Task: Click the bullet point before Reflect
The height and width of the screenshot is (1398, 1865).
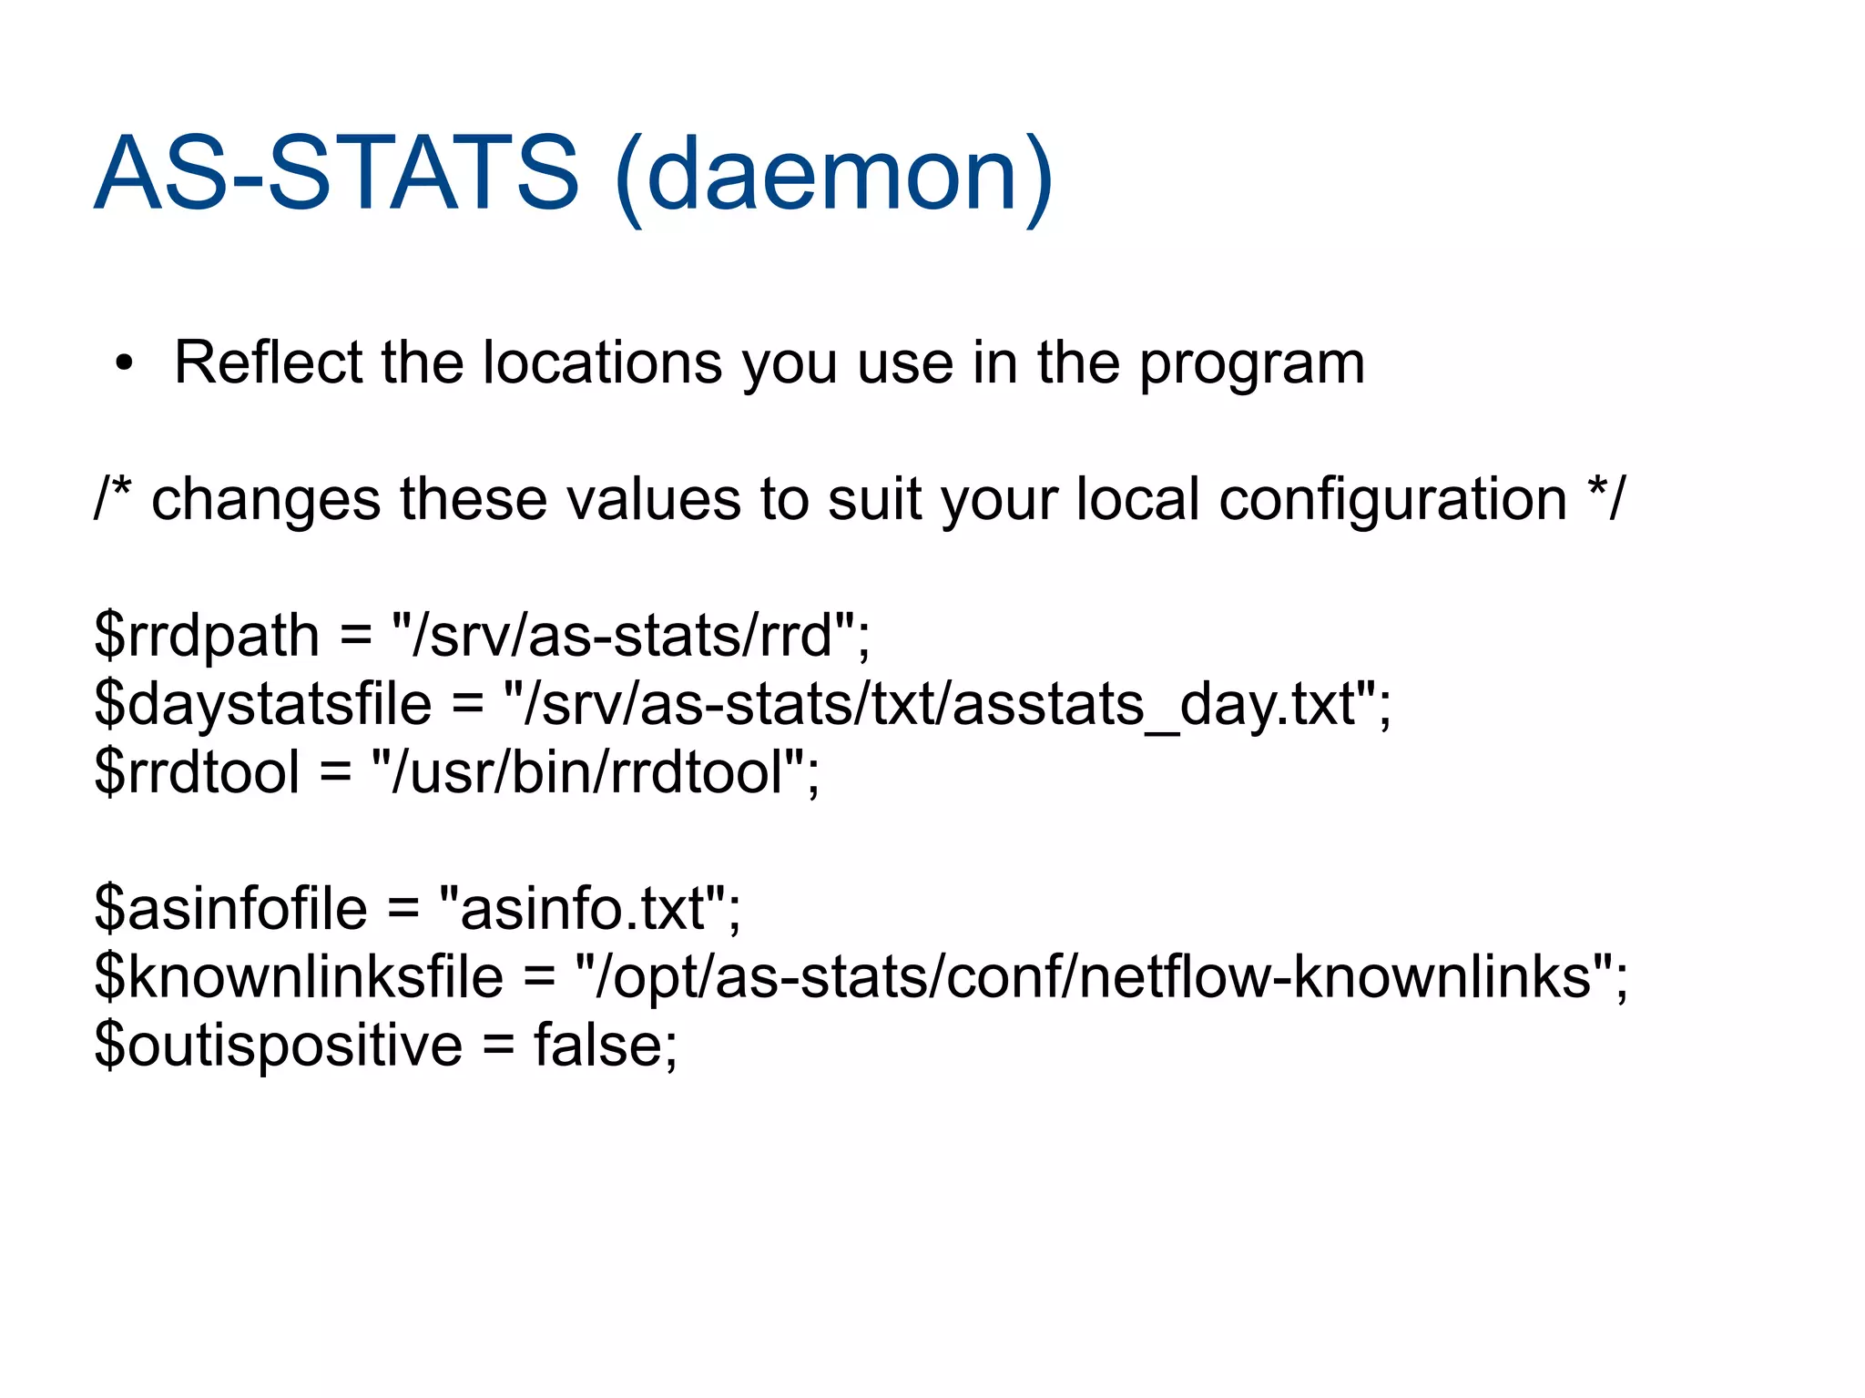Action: click(125, 364)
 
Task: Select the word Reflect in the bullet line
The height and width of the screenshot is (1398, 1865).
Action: click(268, 362)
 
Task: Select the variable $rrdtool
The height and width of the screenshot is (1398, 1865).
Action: click(197, 771)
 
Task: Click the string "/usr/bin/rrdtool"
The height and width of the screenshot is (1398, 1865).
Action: click(588, 771)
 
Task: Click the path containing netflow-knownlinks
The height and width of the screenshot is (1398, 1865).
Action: click(1094, 976)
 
